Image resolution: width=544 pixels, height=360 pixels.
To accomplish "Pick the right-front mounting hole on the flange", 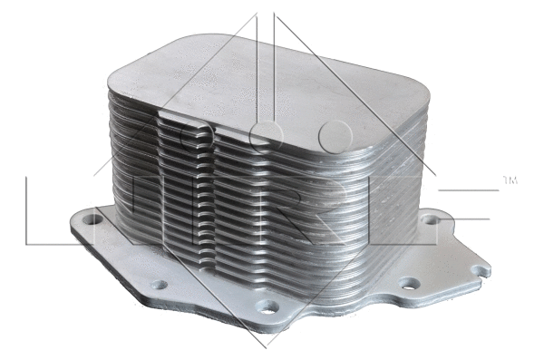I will [x=411, y=284].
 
